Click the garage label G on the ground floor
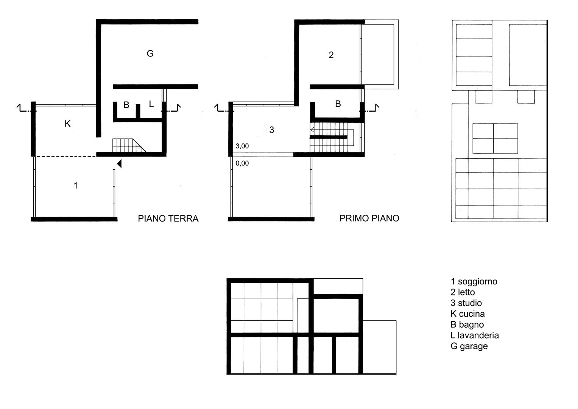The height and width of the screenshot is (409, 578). pos(150,53)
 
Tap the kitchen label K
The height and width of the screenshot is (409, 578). pos(68,124)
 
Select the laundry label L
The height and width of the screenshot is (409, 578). pos(151,104)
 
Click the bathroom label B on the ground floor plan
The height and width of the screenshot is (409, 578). pos(126,105)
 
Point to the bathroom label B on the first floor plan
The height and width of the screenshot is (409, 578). pos(338,104)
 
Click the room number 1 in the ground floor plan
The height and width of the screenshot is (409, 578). pos(76,186)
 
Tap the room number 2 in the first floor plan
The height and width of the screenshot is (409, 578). pos(331,55)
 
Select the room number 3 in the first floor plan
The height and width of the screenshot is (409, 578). pos(272,130)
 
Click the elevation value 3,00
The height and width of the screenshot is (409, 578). pos(242,146)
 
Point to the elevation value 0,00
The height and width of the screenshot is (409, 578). pos(242,163)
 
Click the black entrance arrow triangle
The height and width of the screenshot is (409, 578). pos(120,164)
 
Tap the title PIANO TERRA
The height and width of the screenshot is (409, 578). pos(168,219)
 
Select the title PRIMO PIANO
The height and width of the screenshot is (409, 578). pos(369,218)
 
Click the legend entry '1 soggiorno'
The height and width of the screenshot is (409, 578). pos(474,281)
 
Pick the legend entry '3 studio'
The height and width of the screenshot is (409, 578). pos(466,303)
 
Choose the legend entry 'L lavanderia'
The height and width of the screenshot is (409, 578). pos(475,335)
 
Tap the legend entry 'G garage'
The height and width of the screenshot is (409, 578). pos(469,346)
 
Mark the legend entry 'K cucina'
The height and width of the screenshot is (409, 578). pos(467,314)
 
